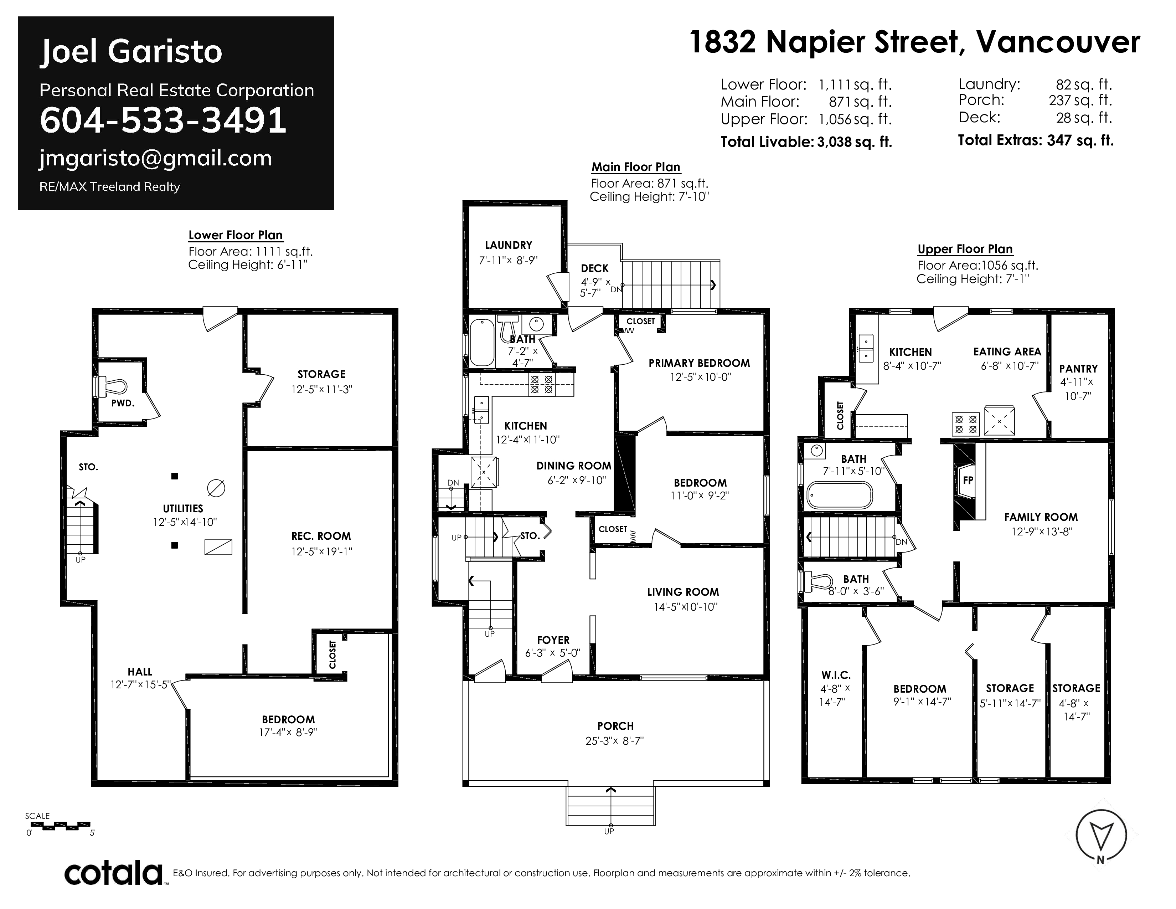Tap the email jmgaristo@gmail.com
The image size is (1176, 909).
(x=156, y=158)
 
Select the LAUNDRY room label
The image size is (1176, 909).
(x=508, y=245)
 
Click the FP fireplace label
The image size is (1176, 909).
(x=968, y=481)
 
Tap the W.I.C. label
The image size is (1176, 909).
(x=836, y=675)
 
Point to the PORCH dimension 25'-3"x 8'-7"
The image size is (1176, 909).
(x=615, y=741)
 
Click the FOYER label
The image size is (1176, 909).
(x=553, y=640)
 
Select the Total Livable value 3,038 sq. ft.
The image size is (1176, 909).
(x=855, y=142)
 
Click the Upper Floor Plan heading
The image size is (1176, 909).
(x=965, y=249)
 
